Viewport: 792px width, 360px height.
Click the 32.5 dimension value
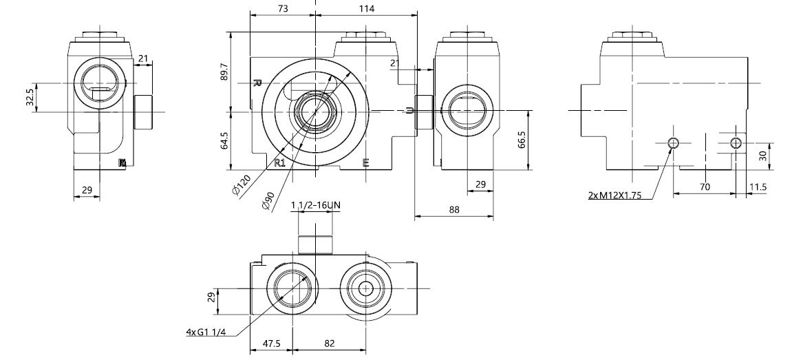pyautogui.click(x=29, y=98)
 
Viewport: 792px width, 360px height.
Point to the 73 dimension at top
pyautogui.click(x=282, y=8)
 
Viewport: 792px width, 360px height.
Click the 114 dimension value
pyautogui.click(x=366, y=8)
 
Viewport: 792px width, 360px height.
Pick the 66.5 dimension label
pyautogui.click(x=522, y=139)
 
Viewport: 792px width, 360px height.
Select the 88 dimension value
pyautogui.click(x=453, y=209)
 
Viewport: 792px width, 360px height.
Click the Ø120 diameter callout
pyautogui.click(x=242, y=185)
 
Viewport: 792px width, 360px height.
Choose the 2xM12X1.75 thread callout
pyautogui.click(x=614, y=195)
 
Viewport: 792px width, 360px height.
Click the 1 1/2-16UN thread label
pyautogui.click(x=315, y=206)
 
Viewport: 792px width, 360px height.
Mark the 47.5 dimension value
pyautogui.click(x=271, y=342)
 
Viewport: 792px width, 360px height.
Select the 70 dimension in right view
pyautogui.click(x=704, y=187)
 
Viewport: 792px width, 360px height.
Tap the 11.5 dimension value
pyautogui.click(x=758, y=187)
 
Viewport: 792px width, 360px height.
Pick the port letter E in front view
pyautogui.click(x=365, y=162)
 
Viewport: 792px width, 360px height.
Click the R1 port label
pyautogui.click(x=280, y=162)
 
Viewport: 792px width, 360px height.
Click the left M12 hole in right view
pyautogui.click(x=674, y=142)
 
